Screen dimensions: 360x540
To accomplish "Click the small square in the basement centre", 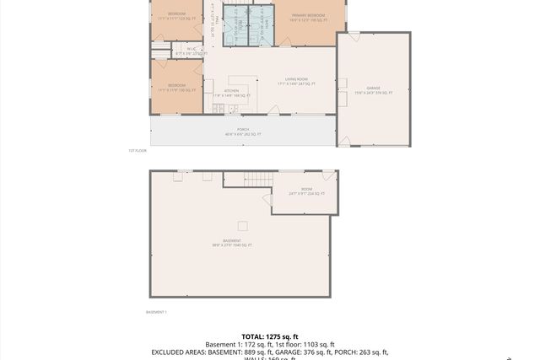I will coord(243,225).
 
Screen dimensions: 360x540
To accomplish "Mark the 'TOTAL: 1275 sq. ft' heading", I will coord(270,336).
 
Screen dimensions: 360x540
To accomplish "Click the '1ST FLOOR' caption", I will coord(138,151).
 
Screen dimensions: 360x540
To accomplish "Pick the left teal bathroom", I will coord(235,25).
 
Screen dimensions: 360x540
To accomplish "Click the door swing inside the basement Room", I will coord(268,200).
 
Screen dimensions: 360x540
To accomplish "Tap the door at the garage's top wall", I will coord(354,35).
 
